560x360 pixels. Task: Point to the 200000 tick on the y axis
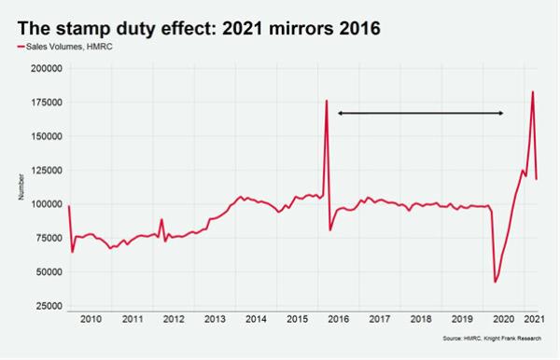(x=45, y=68)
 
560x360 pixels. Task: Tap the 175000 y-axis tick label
(x=45, y=102)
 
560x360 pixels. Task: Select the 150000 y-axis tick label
(x=45, y=136)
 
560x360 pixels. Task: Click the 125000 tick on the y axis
(x=45, y=170)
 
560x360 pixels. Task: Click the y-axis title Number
(x=21, y=187)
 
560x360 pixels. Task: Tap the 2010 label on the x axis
(x=91, y=319)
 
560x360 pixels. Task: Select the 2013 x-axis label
(x=215, y=319)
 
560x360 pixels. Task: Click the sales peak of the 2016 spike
(x=327, y=100)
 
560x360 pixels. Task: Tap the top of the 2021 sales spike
(x=533, y=91)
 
